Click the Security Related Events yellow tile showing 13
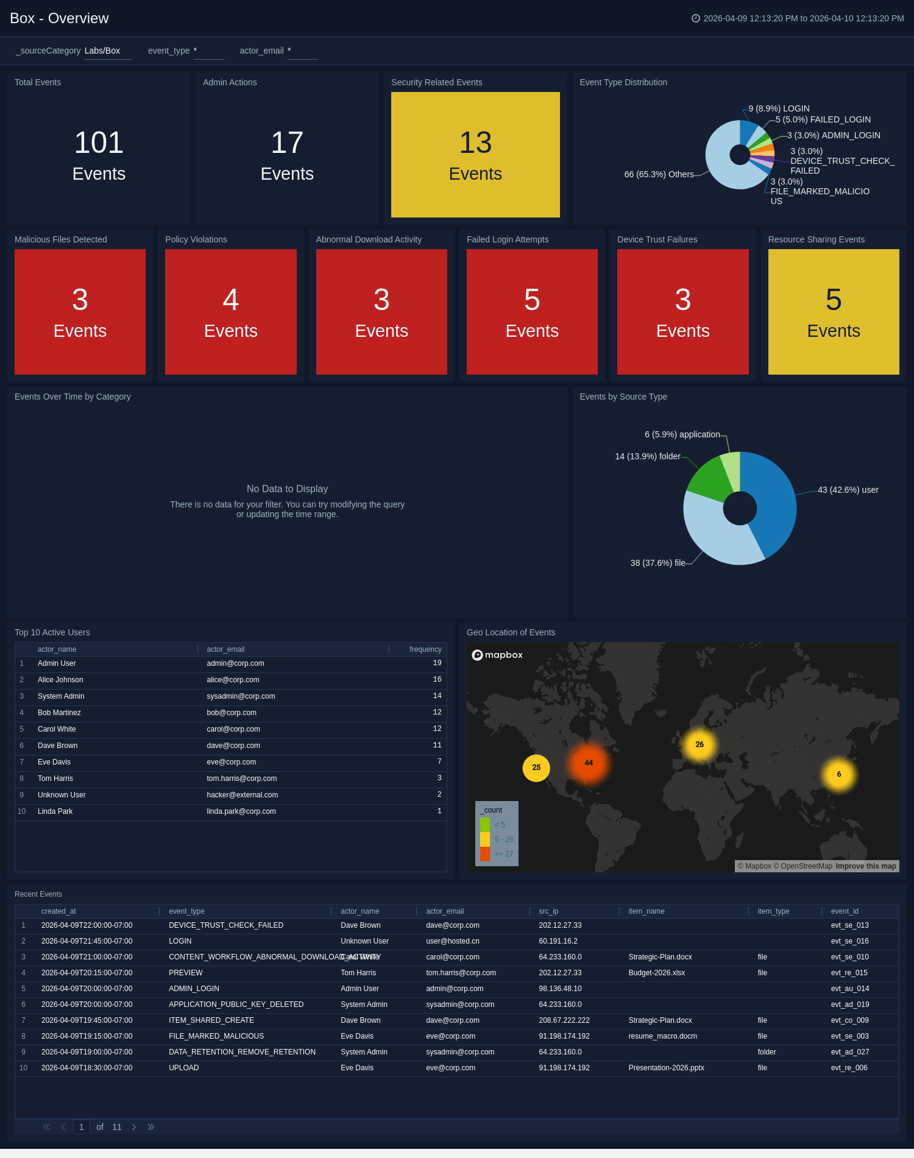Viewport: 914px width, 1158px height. pos(475,155)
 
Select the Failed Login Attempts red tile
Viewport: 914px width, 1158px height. pos(532,312)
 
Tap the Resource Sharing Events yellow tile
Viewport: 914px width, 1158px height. pos(833,312)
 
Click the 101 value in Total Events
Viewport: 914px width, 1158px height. pos(99,143)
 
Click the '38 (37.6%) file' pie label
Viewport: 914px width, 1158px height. pos(657,563)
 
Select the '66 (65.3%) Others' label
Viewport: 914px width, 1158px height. pos(659,174)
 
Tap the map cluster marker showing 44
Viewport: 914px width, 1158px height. pos(589,763)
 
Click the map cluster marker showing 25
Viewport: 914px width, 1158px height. pos(536,768)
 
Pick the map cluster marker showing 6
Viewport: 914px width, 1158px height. pos(839,774)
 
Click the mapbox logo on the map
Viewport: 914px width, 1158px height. pos(497,655)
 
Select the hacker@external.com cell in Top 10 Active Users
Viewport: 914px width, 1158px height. pos(242,795)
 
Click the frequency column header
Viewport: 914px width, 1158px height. pos(425,649)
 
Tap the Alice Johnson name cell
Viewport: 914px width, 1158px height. pos(60,680)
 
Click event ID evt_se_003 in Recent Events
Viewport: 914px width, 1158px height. pos(849,1036)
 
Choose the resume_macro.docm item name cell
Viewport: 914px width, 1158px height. pos(662,1036)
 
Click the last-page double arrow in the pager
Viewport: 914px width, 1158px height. pos(151,1127)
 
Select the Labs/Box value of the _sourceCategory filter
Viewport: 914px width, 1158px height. pos(102,51)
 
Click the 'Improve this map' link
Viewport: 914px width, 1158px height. pos(866,866)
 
